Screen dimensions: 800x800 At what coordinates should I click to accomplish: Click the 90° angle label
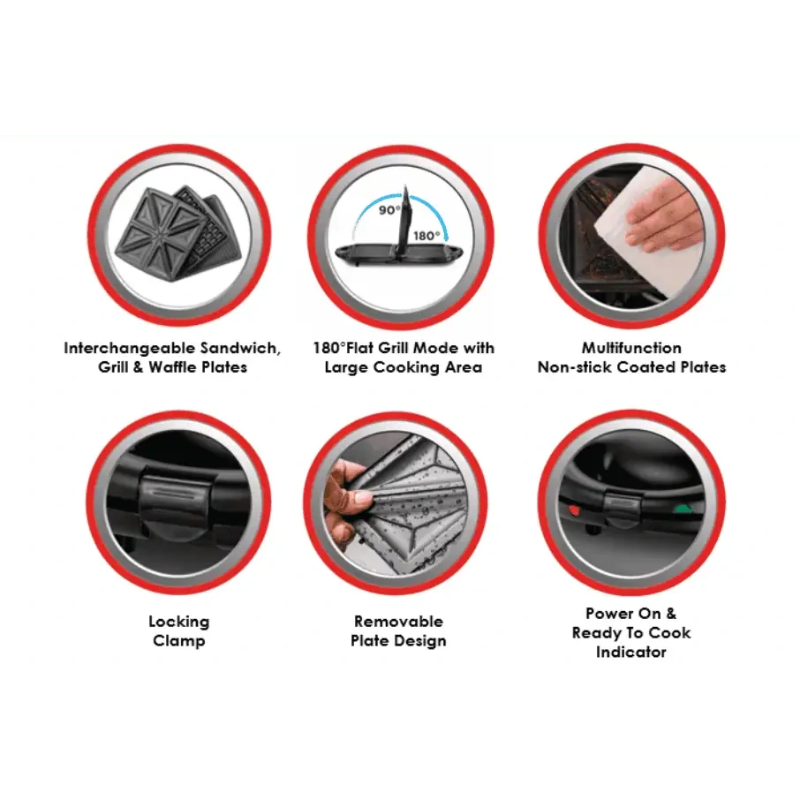pos(389,209)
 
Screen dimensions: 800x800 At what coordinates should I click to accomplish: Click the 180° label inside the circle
pos(426,236)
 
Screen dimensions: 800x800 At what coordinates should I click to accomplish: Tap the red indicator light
pos(574,509)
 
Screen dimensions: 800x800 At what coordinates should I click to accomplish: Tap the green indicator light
pos(680,509)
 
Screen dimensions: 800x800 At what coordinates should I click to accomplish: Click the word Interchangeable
pos(130,348)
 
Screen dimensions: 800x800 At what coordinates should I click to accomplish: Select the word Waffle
pos(172,366)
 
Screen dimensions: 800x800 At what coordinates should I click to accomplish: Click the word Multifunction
pos(631,348)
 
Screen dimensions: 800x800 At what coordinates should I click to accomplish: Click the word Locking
pos(179,622)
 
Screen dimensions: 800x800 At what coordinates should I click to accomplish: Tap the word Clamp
pos(179,641)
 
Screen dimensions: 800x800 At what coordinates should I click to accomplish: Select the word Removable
pos(398,622)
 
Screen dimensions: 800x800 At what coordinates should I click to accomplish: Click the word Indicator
pos(631,652)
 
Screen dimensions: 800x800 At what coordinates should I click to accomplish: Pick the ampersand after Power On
pos(670,614)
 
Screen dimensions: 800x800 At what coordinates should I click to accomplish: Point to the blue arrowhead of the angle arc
pos(445,236)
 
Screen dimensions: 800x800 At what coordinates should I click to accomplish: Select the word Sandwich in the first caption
pos(240,349)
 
